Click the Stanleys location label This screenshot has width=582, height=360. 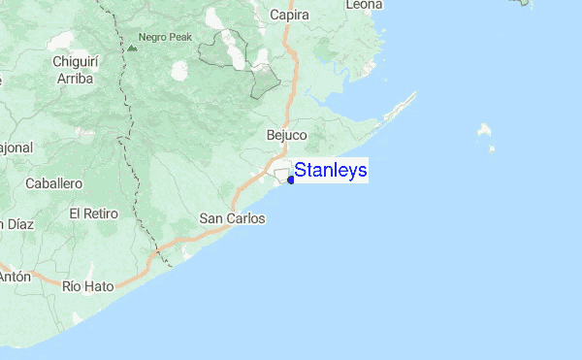[331, 171]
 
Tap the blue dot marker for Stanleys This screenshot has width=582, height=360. [291, 179]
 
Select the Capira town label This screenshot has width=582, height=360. [288, 15]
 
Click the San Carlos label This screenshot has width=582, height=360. [232, 218]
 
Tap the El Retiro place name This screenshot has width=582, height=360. [93, 213]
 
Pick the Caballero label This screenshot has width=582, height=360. [53, 182]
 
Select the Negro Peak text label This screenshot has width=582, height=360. [166, 37]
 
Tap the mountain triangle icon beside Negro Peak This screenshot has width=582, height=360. [132, 46]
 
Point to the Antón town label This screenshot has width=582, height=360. [15, 276]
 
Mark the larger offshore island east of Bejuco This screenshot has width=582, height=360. [484, 130]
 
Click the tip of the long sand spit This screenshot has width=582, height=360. [415, 93]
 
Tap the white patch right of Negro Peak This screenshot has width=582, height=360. [179, 71]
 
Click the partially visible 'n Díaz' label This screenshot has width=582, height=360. [16, 224]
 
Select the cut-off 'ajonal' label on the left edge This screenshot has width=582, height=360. [16, 147]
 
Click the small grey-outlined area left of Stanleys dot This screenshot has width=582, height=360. [281, 176]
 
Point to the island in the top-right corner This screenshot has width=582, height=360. [522, 3]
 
